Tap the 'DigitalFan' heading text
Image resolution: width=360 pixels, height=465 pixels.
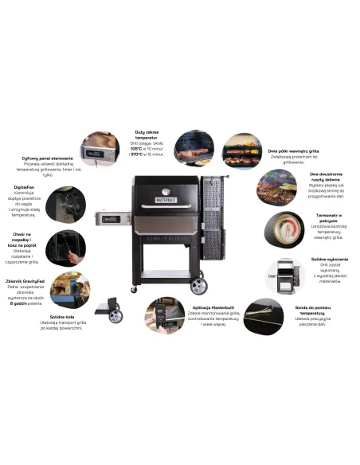tap(23, 188)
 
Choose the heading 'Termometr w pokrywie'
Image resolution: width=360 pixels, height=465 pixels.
tap(327, 217)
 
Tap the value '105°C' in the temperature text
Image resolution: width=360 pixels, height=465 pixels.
tap(137, 148)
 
